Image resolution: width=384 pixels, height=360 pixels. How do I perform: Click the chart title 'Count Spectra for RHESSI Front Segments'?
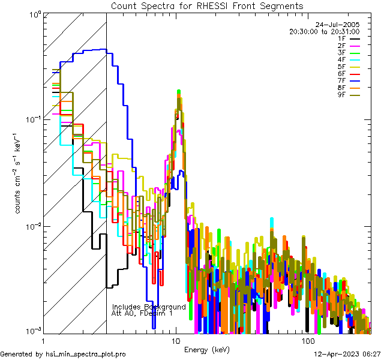pos(207,5)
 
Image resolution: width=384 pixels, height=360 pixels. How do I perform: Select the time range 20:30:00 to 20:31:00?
pos(324,31)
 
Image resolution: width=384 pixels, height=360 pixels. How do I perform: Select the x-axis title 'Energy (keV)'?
pos(206,349)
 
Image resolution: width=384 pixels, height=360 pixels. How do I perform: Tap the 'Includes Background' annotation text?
pos(149,307)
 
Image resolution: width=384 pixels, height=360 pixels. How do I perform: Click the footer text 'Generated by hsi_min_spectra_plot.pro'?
pos(63,355)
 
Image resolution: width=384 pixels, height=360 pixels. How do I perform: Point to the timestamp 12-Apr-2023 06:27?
pos(346,355)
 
